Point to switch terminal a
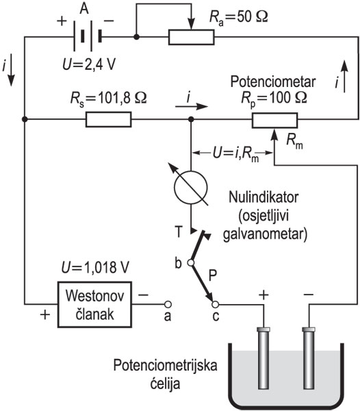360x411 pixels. click(x=168, y=304)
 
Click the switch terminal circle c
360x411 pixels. click(x=215, y=304)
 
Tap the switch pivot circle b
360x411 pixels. click(x=191, y=262)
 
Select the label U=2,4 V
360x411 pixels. click(x=89, y=64)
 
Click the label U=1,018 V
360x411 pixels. click(x=95, y=268)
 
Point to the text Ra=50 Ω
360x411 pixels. click(x=238, y=17)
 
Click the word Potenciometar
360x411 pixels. click(x=273, y=82)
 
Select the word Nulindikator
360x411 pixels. click(x=263, y=197)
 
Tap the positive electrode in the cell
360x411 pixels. click(x=264, y=358)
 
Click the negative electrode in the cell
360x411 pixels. click(x=309, y=358)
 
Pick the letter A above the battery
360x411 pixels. click(x=84, y=9)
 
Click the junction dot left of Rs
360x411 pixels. click(x=25, y=119)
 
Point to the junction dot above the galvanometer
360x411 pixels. click(x=191, y=119)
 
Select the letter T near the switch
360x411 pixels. click(x=179, y=232)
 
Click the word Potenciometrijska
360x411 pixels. click(x=165, y=366)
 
